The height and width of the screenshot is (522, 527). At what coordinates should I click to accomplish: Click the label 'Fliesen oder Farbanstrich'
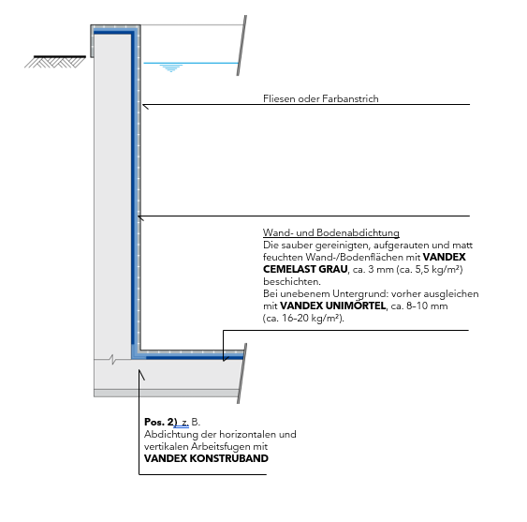(x=321, y=98)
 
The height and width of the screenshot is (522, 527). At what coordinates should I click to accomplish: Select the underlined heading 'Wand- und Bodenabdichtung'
(x=331, y=232)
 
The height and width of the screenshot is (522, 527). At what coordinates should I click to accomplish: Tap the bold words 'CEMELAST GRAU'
(x=305, y=269)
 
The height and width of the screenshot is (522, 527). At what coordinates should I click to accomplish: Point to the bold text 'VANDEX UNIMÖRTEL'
(x=332, y=306)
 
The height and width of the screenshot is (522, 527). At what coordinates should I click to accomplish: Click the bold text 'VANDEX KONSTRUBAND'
(x=206, y=458)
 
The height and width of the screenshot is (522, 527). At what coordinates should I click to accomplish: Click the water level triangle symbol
(x=171, y=68)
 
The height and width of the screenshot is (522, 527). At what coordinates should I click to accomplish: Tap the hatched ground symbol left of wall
(x=55, y=62)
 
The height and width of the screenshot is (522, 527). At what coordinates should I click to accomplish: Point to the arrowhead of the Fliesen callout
(x=144, y=105)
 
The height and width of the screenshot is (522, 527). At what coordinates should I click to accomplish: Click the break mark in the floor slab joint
(x=112, y=360)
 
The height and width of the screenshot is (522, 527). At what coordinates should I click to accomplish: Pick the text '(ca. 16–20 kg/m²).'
(x=303, y=318)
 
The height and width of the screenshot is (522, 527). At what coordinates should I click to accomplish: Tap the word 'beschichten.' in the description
(x=292, y=281)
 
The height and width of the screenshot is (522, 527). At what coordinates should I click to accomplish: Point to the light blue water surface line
(x=191, y=63)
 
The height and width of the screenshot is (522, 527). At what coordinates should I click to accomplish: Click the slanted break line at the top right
(x=242, y=45)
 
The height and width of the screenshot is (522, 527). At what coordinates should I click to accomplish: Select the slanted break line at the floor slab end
(x=242, y=373)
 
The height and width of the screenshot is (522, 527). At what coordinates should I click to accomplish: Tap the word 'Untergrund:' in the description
(x=360, y=294)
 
